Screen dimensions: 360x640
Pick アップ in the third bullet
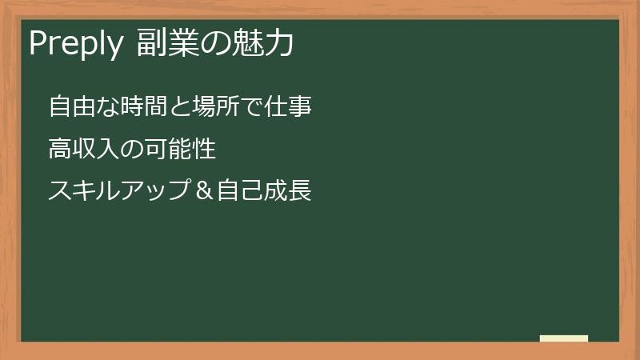164,191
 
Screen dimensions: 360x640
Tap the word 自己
245,191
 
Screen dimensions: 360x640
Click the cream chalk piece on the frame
564,338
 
